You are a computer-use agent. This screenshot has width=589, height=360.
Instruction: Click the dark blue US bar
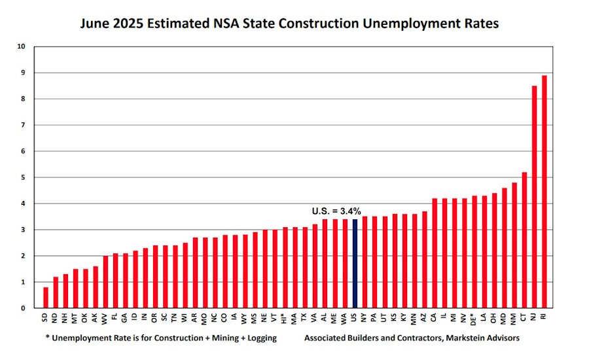(x=355, y=263)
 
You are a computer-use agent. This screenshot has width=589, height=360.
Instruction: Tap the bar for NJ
(x=534, y=196)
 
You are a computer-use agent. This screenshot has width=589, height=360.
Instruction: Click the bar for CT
(x=524, y=240)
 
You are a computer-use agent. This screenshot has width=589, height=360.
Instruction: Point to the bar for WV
(x=105, y=281)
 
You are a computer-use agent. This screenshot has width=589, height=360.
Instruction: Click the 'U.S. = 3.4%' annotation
(x=336, y=211)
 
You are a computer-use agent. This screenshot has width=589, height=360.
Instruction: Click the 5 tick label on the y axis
(x=23, y=177)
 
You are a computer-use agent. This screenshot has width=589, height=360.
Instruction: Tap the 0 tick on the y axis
(x=23, y=308)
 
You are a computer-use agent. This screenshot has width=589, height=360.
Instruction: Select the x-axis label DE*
(x=474, y=319)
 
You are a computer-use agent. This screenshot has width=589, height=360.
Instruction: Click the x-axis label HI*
(x=285, y=319)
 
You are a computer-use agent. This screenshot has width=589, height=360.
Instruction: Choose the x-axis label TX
(x=304, y=317)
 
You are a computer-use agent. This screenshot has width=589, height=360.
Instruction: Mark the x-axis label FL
(x=115, y=317)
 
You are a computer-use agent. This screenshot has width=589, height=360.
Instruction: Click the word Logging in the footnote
(x=258, y=338)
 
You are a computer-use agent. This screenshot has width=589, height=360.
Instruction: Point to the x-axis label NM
(x=514, y=317)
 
